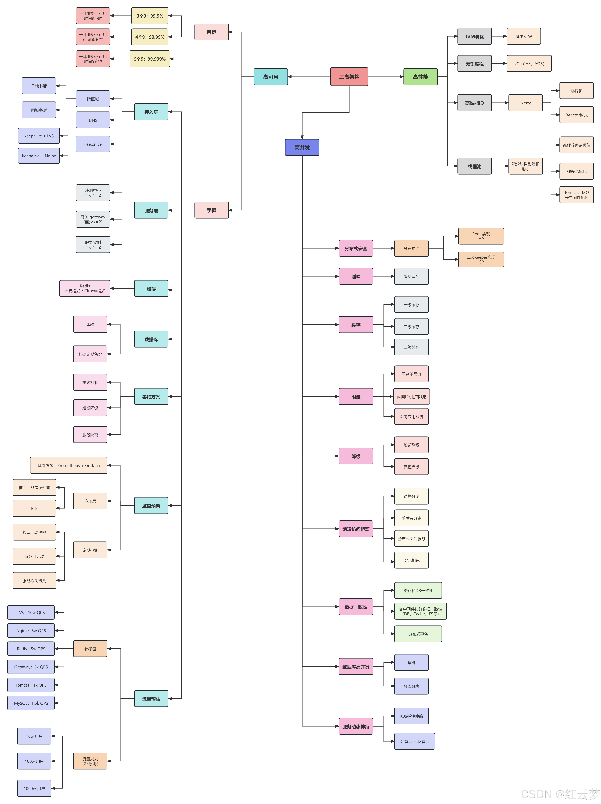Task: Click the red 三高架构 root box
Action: [349, 77]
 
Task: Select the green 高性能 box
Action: [420, 77]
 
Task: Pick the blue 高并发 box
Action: [302, 147]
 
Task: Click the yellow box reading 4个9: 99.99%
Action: [150, 37]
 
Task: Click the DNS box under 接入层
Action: [93, 120]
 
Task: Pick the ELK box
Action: [34, 508]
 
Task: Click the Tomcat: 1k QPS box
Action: [31, 685]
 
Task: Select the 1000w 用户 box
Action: [34, 788]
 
